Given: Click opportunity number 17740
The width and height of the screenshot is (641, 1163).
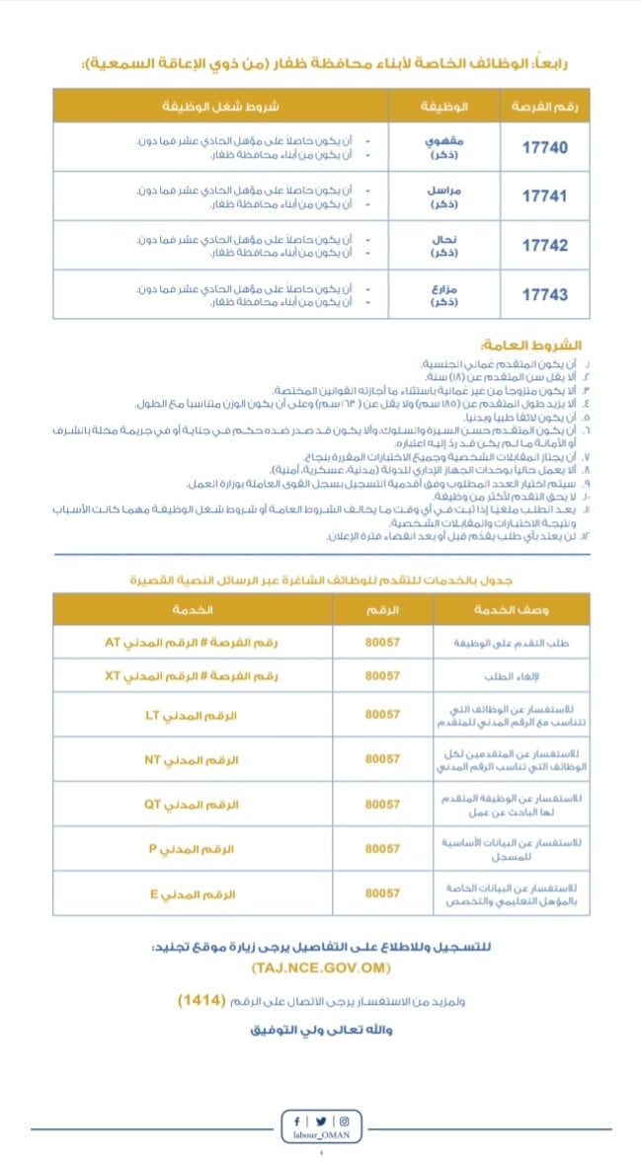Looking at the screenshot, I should tap(544, 147).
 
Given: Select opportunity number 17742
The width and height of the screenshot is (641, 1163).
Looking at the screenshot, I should tap(544, 245).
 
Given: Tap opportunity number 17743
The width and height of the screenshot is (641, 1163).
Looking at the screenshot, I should tap(544, 294).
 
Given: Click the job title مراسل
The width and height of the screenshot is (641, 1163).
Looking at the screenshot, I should tap(437, 190).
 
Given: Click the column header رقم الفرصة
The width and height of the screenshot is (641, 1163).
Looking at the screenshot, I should tap(543, 106).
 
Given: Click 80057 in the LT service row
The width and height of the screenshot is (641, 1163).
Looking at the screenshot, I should tap(382, 715).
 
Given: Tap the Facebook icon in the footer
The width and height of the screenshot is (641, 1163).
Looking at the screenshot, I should tap(297, 1121).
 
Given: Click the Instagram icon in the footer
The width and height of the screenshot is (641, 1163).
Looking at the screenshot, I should tap(344, 1121).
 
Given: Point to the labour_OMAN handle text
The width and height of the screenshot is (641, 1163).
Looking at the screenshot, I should tap(321, 1136).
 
